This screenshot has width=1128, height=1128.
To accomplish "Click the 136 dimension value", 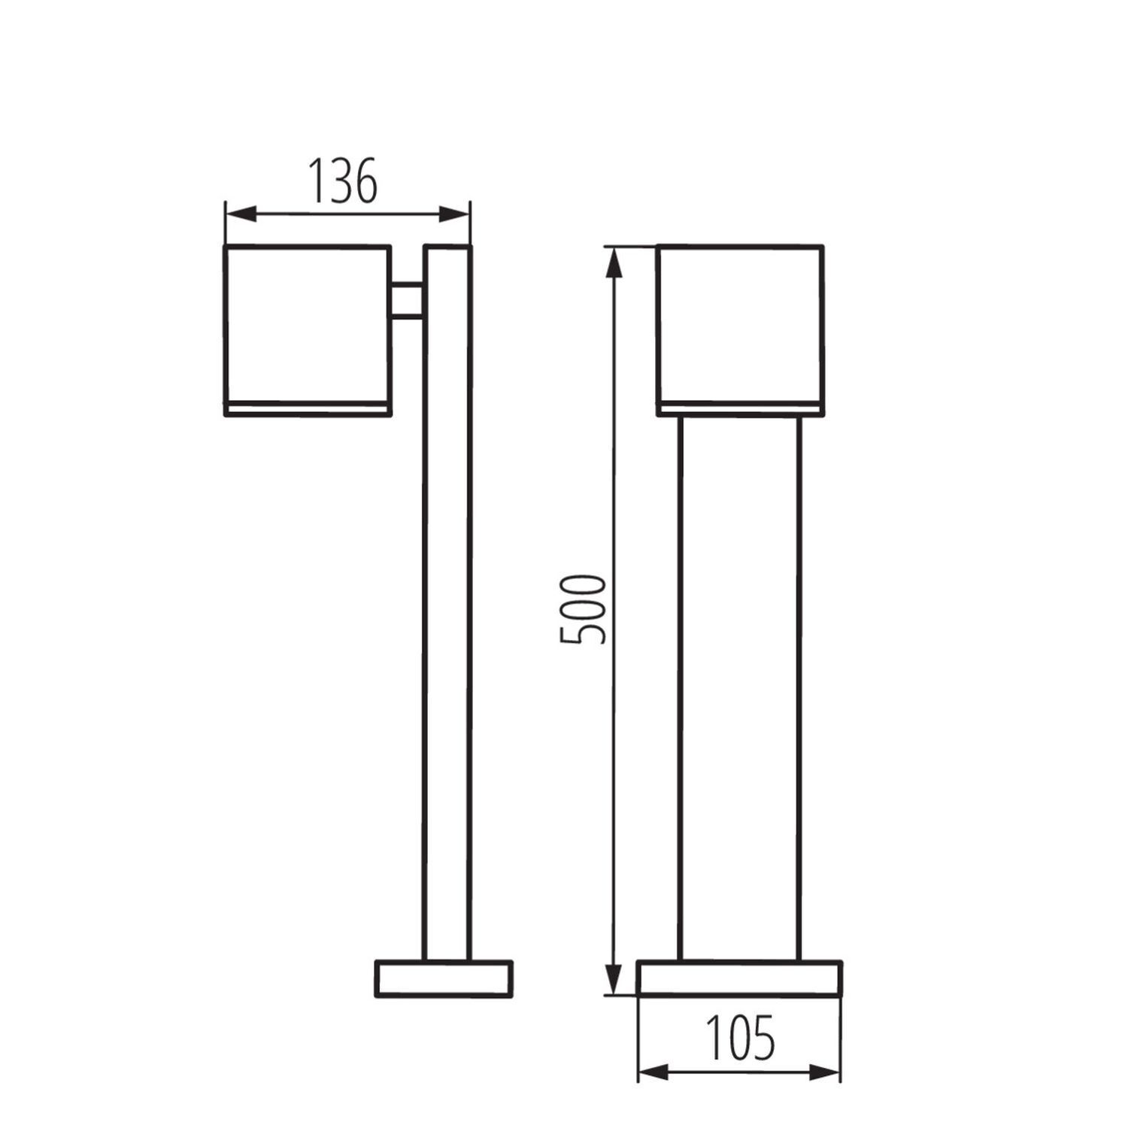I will coord(343,182).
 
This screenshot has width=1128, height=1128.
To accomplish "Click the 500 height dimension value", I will coord(583,608).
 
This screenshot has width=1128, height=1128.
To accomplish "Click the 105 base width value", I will coord(740,1038).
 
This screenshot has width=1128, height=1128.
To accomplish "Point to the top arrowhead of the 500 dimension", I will coord(614,263).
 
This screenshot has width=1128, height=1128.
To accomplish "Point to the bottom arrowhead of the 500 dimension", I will coord(614,978).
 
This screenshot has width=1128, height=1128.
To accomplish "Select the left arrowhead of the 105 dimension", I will coord(653,1072).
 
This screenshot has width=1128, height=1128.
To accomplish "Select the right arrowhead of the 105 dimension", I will coord(826,1072).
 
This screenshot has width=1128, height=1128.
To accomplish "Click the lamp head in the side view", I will coord(307,323).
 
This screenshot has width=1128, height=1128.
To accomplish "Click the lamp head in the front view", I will coord(740,323).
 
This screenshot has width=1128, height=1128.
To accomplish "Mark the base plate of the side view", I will coord(444,978).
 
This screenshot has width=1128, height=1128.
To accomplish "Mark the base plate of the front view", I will coord(739,978).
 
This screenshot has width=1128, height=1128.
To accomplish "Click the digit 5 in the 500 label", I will coord(583,632).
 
